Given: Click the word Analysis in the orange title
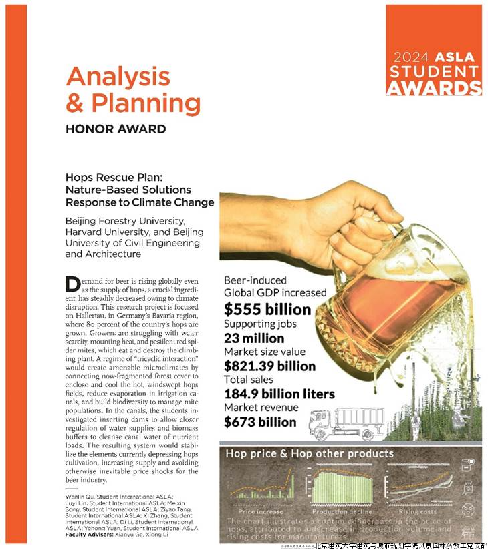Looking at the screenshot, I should click(118, 77).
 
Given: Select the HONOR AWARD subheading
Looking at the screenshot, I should click(115, 129).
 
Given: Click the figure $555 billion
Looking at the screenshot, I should click(267, 310).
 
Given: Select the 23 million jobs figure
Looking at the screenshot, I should click(253, 338).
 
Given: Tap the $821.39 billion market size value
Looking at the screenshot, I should click(269, 366).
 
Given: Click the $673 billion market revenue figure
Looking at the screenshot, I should click(260, 422).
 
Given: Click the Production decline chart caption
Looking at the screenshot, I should click(339, 512).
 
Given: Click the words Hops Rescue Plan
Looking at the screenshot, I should click(109, 178).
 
